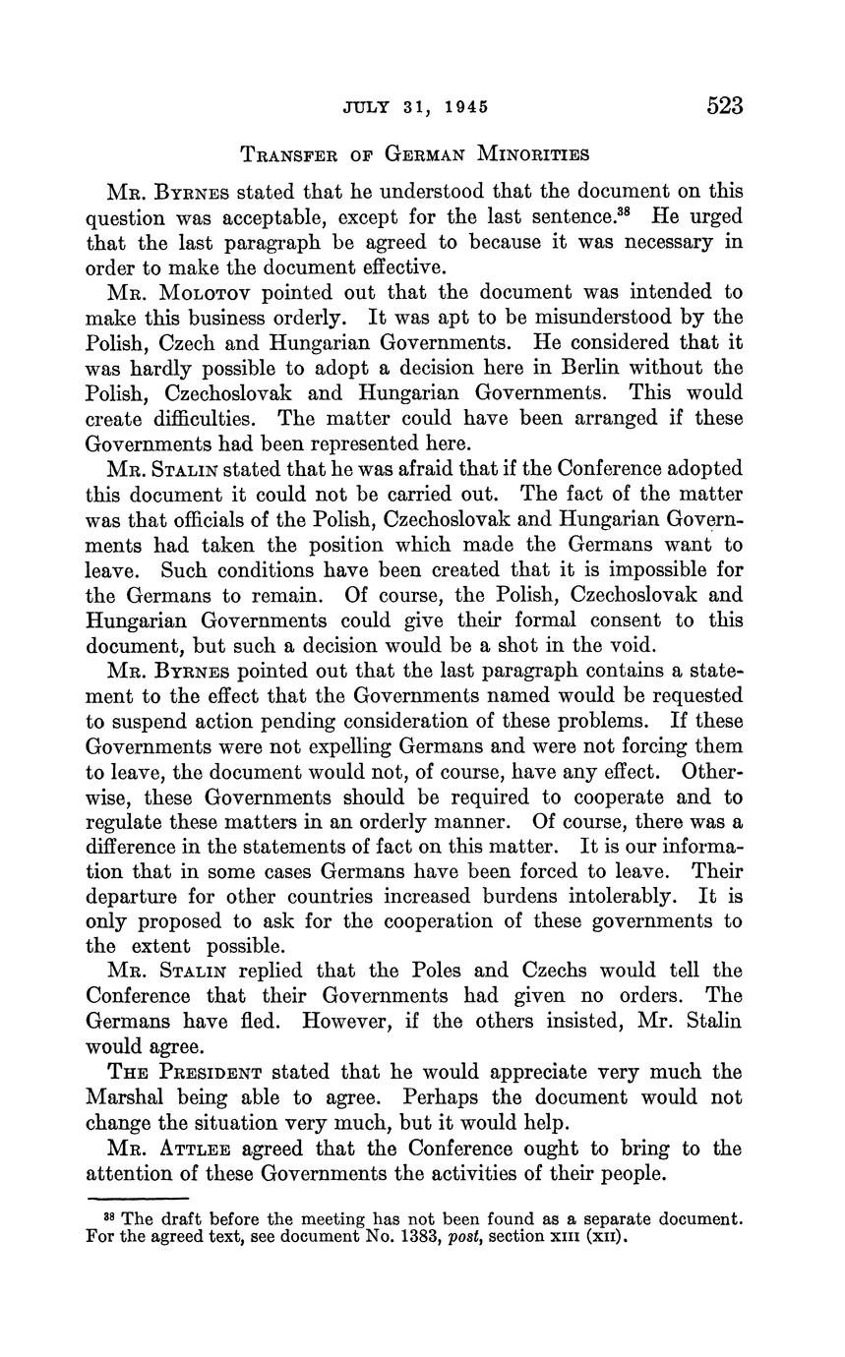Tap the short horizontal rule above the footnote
pyautogui.click(x=138, y=1199)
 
